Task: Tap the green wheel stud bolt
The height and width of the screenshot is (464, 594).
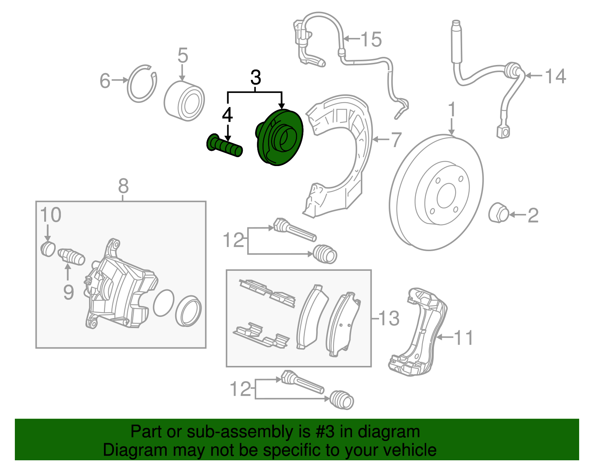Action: click(224, 146)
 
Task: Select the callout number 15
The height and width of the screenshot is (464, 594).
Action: click(371, 39)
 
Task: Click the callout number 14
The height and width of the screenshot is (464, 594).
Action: click(555, 77)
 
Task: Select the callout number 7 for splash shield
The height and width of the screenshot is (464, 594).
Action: click(396, 140)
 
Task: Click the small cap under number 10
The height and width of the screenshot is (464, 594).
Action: click(48, 249)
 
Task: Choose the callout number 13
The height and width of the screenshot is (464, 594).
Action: click(389, 318)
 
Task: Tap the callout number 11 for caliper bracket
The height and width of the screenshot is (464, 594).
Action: click(463, 338)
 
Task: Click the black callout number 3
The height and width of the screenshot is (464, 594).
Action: click(256, 78)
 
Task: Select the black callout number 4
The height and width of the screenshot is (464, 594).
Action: click(227, 115)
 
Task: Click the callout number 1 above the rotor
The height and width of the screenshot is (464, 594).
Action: click(451, 110)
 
